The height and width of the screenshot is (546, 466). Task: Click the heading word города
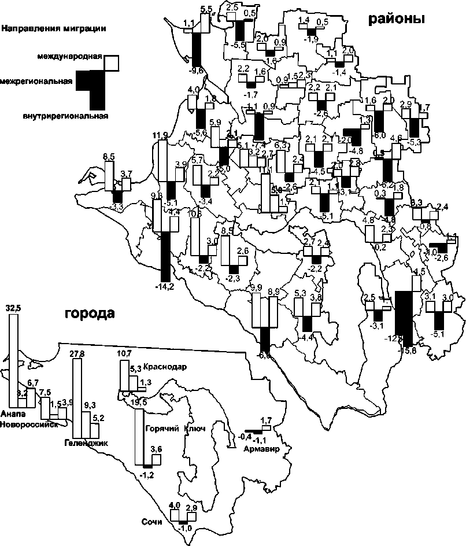click(x=90, y=314)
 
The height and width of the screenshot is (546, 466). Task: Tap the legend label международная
click(x=70, y=56)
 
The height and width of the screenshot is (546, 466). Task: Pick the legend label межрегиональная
click(x=36, y=82)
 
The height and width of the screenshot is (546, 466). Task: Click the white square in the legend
click(x=112, y=61)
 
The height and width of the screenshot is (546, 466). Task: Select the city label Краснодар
click(x=164, y=367)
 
